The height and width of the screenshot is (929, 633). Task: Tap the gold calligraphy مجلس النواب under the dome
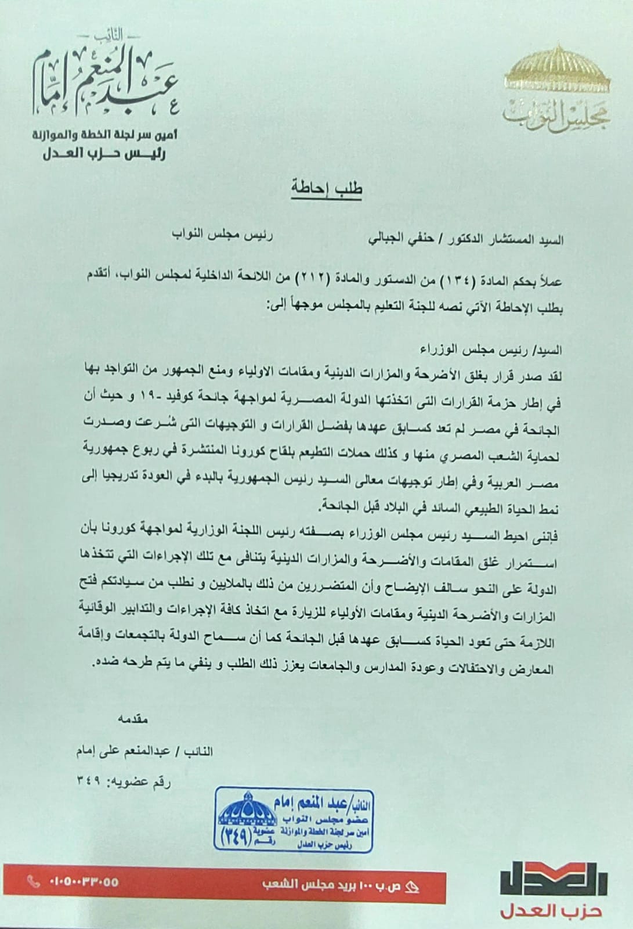(x=556, y=114)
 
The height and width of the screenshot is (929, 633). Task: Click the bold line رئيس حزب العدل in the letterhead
(x=104, y=154)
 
